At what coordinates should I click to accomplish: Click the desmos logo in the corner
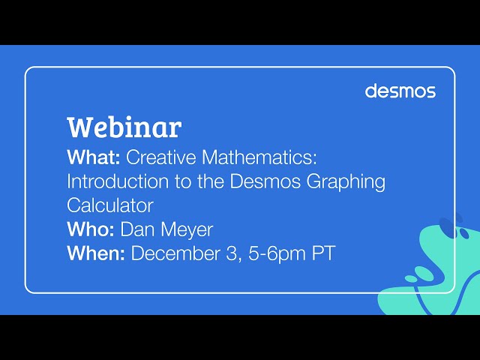coord(400,91)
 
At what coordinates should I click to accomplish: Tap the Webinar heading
coord(124,127)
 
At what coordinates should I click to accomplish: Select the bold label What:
coord(94,157)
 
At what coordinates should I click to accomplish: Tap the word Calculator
coord(109,205)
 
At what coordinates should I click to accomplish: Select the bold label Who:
coord(91,229)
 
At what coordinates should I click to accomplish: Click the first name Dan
coord(136,229)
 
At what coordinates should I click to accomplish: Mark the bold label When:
coord(96,253)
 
